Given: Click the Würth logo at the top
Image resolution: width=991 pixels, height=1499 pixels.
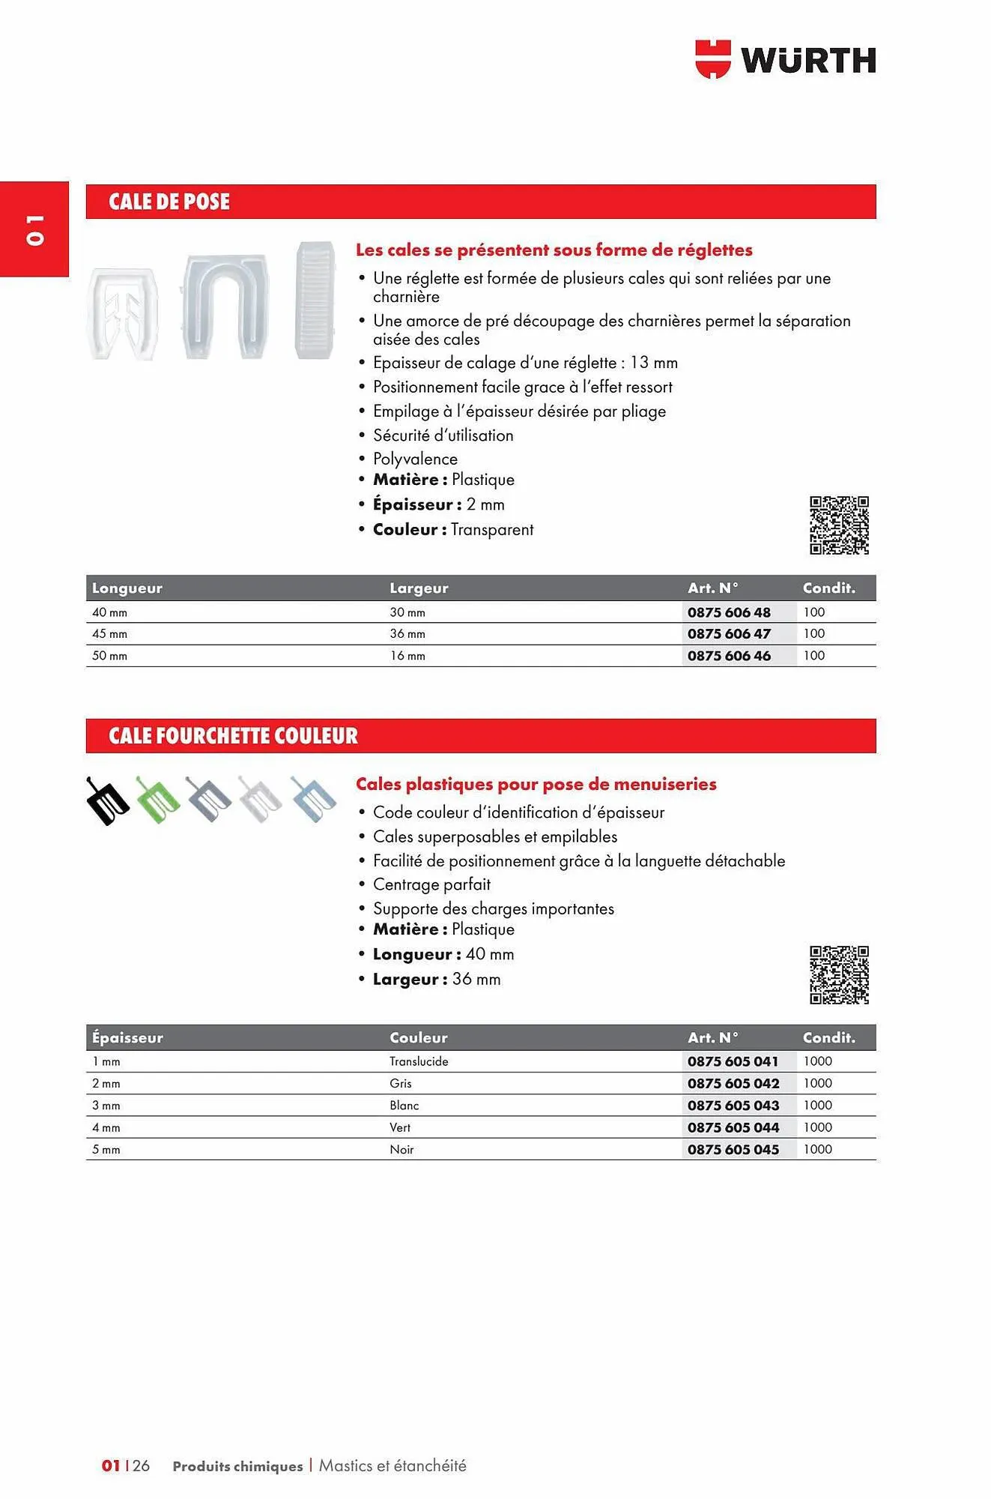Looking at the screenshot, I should pos(785,59).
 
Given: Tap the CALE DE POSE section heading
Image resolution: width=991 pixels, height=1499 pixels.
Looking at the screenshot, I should pos(169,202).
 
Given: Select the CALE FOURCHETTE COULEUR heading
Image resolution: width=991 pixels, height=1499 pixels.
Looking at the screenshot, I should pos(233,736).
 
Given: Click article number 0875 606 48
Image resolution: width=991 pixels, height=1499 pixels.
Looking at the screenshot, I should pos(729,612).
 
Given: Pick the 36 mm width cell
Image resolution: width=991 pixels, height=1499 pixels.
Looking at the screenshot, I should pos(407,634).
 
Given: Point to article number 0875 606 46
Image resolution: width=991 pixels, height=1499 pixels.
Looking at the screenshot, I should pos(729,656).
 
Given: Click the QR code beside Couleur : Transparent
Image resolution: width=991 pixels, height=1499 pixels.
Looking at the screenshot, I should pos(838,525).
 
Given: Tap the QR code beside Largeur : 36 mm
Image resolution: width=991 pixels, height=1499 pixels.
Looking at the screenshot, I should pos(838,975).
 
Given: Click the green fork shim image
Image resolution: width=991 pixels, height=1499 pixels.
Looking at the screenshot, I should pos(158,800).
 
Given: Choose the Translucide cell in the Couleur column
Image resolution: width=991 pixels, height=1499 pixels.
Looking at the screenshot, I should pos(419,1061).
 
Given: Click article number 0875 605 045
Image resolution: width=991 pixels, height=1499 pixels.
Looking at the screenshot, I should pos(733,1150).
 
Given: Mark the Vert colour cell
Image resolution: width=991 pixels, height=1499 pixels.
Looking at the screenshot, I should pos(400,1127).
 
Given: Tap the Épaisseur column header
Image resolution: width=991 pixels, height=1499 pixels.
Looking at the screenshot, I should pos(127,1038).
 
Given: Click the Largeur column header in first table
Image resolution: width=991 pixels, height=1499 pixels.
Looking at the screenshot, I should pos(419,588).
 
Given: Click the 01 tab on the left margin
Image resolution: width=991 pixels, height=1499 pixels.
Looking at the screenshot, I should pos(34,229).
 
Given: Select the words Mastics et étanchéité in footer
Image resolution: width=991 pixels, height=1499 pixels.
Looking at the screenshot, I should pos(393,1466).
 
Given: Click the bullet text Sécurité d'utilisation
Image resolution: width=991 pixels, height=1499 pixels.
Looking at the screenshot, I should pos(443,435).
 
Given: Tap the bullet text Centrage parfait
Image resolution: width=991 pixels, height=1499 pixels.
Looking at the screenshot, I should pos(431,884).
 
